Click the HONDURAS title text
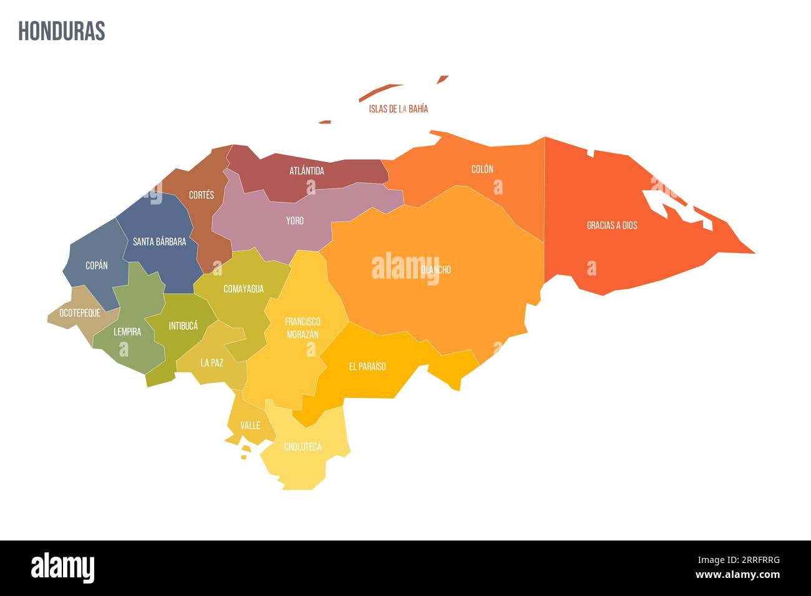coord(62,31)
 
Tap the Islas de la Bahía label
coord(398,108)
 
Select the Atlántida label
coord(306,170)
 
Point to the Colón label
coord(482,169)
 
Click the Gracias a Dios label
coord(612,225)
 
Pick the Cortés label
coord(202,195)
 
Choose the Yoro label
coord(294,221)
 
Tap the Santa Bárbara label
coord(159,242)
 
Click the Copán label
coord(97,266)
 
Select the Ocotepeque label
coord(80,313)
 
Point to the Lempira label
coord(127,332)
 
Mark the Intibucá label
coord(183,325)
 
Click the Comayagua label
coord(243,289)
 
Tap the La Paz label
coord(211,362)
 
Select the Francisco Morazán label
coord(303,328)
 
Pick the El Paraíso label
coord(367,367)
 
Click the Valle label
coord(250,425)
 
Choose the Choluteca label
coord(303,447)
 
